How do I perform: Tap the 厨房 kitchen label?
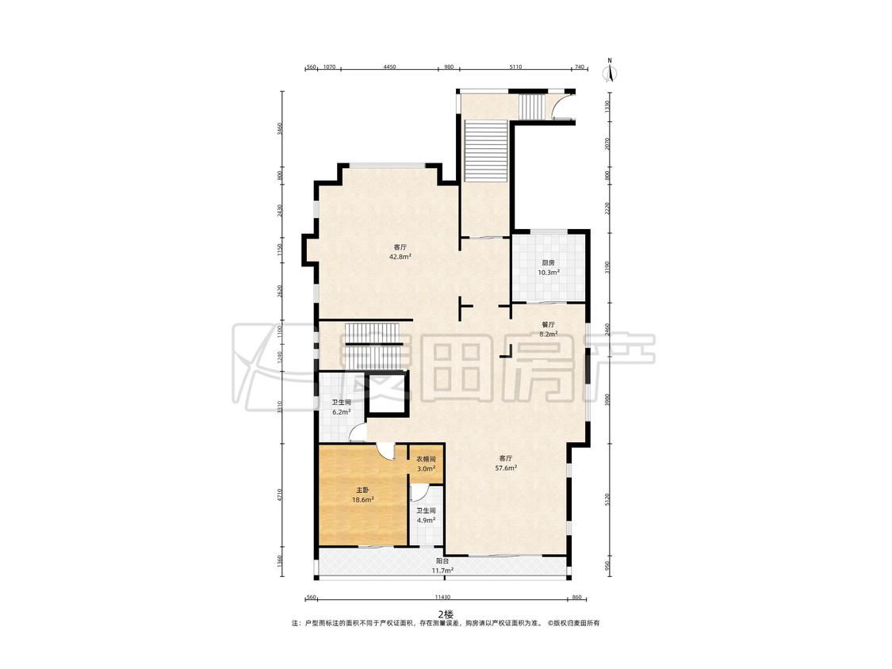(x=548, y=263)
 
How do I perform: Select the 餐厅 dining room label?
(x=548, y=324)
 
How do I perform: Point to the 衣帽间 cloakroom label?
(x=426, y=459)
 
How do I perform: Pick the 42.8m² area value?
(x=400, y=257)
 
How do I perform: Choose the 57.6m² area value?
(x=506, y=468)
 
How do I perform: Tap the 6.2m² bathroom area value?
(x=341, y=412)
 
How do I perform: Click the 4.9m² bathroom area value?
(x=426, y=520)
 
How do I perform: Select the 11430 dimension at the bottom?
(x=442, y=598)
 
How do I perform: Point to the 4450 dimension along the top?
(x=389, y=67)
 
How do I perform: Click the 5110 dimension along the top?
(x=515, y=67)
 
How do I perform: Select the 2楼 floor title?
(x=446, y=614)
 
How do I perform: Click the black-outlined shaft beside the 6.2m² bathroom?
(x=387, y=394)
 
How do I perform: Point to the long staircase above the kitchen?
(x=485, y=151)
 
